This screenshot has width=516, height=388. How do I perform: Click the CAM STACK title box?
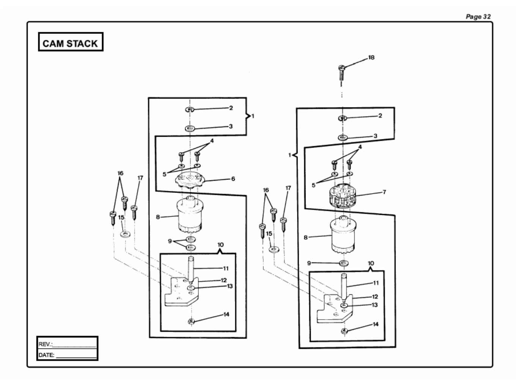click(71, 42)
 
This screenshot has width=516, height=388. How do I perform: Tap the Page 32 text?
click(478, 17)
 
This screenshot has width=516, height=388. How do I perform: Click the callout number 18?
click(371, 57)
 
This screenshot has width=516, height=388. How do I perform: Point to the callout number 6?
click(233, 179)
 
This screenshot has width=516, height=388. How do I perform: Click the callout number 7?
click(384, 192)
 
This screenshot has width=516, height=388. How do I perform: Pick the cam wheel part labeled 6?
click(190, 180)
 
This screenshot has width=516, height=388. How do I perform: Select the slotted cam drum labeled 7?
click(342, 196)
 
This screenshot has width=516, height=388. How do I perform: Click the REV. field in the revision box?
click(67, 344)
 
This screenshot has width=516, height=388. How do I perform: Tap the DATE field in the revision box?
click(67, 355)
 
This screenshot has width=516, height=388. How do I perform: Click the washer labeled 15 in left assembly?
click(125, 234)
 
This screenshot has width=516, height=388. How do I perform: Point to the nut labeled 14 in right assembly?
click(345, 331)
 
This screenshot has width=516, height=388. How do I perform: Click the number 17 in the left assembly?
click(140, 178)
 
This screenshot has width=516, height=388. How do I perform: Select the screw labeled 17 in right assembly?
click(284, 224)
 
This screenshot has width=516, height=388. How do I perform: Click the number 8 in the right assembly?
click(305, 238)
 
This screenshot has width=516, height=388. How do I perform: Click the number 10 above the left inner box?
click(220, 245)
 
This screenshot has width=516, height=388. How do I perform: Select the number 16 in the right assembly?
click(266, 190)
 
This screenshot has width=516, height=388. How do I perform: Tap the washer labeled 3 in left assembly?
click(190, 129)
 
